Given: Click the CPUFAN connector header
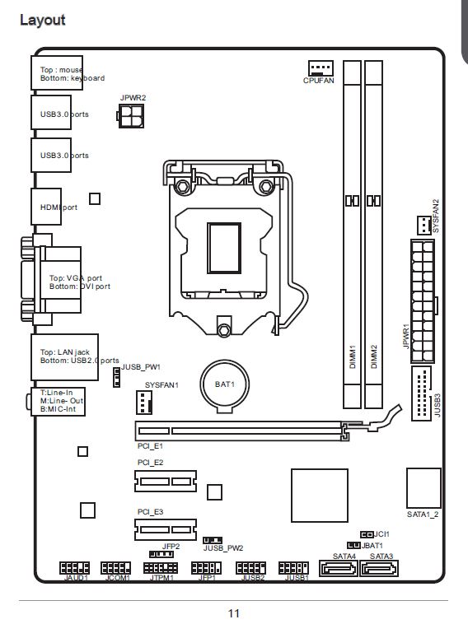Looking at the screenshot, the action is tap(321, 68).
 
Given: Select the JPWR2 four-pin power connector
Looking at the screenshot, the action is tap(131, 116).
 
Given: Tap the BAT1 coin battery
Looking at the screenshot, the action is tap(225, 386).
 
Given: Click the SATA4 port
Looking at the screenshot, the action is tap(338, 568).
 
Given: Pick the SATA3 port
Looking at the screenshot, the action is tap(379, 568).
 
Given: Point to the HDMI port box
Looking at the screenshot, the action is tap(46, 207).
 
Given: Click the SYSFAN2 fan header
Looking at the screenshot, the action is tap(424, 226).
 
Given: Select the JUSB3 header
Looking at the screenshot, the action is tap(421, 393).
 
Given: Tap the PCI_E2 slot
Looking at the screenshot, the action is tap(166, 481).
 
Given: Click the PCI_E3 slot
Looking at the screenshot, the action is tap(166, 529).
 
